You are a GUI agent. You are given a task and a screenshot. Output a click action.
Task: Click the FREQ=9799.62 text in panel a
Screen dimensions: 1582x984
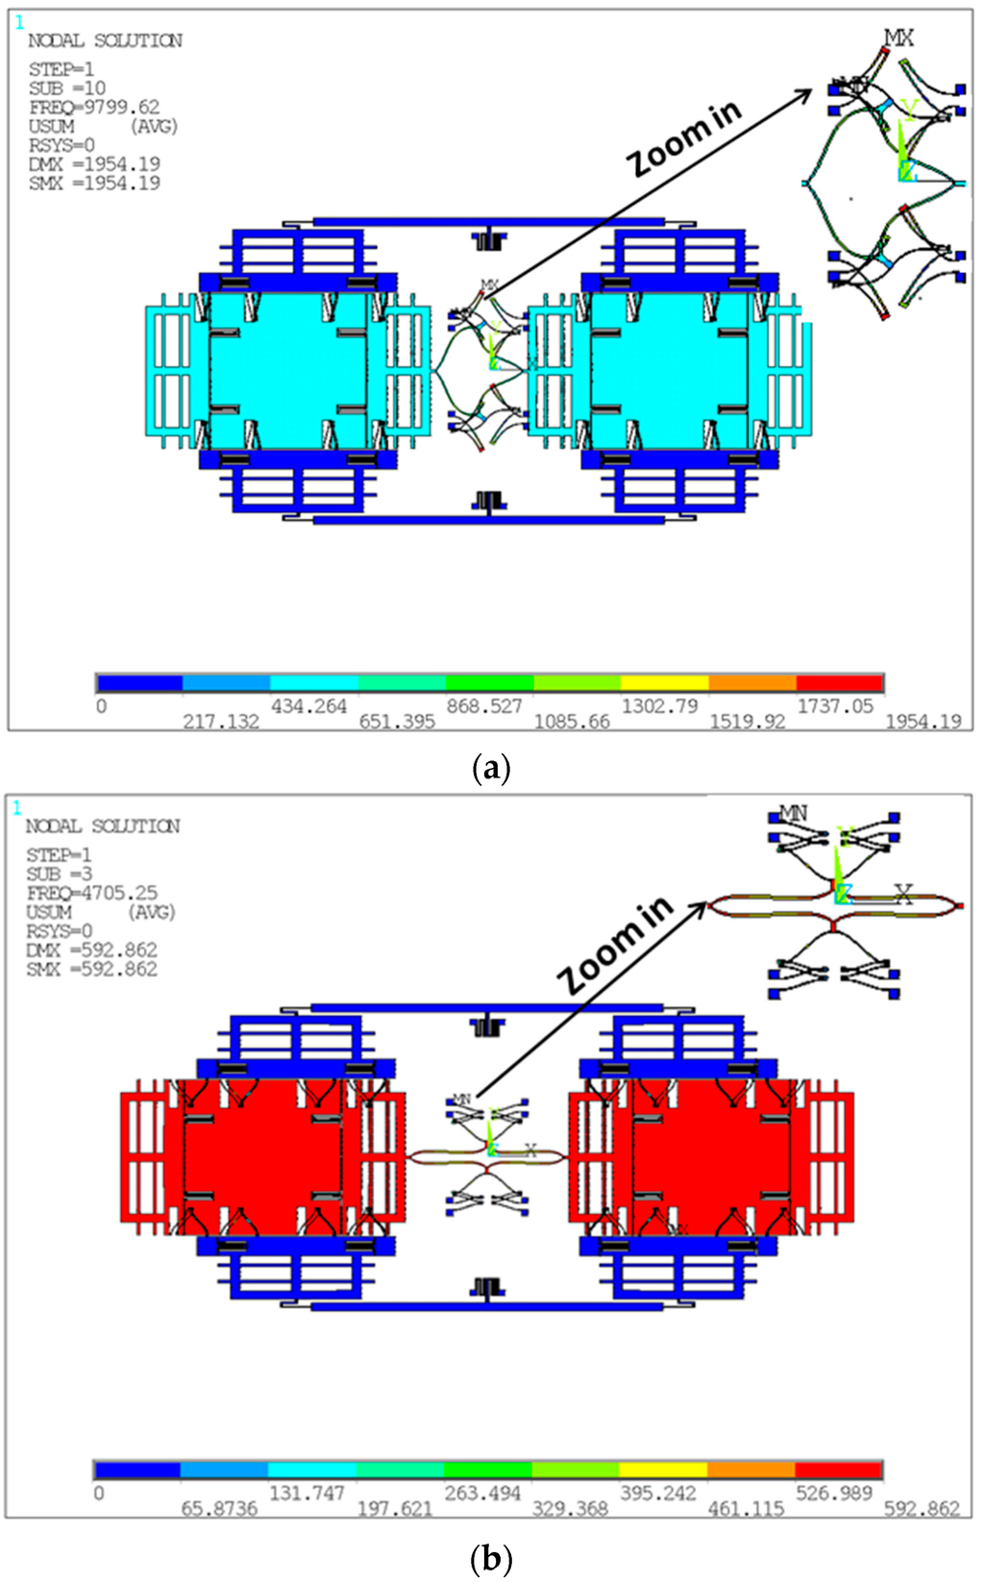[94, 107]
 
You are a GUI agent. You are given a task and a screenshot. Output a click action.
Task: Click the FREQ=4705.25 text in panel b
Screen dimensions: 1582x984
[91, 893]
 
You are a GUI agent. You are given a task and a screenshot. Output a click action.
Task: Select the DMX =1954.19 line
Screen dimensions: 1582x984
[94, 164]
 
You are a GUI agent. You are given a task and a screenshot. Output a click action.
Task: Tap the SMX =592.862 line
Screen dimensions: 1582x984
[91, 969]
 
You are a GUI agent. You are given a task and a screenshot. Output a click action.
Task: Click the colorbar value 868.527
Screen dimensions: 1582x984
[484, 706]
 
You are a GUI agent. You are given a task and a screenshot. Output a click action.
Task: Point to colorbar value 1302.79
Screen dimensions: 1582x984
[659, 706]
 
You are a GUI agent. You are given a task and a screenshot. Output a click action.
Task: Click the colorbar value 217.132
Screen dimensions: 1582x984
[221, 722]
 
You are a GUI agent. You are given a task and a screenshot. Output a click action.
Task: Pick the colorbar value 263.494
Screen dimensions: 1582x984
[481, 1493]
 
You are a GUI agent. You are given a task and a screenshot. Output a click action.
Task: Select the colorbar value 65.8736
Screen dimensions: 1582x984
[219, 1508]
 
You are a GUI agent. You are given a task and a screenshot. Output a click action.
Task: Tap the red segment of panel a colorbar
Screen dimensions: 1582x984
[839, 683]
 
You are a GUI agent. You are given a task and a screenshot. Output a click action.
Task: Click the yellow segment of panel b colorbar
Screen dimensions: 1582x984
[663, 1471]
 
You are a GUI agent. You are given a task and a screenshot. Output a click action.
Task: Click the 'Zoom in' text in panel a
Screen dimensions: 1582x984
[685, 138]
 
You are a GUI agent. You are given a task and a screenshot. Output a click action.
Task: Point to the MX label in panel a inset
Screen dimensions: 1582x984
[898, 38]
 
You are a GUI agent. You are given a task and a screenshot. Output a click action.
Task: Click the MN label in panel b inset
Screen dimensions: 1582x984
[793, 813]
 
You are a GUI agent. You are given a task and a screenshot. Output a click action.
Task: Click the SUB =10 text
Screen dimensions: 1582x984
[67, 88]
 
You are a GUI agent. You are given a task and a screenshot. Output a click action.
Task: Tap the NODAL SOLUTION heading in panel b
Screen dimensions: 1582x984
[103, 827]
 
